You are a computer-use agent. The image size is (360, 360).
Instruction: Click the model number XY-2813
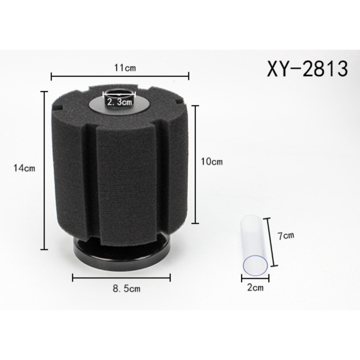[x=307, y=69]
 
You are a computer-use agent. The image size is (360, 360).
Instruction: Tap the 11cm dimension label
[x=125, y=68]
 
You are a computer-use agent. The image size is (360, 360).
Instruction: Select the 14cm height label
[x=24, y=168]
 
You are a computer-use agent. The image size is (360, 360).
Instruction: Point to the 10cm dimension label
[x=212, y=162]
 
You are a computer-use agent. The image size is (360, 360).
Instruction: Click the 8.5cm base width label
[x=126, y=288]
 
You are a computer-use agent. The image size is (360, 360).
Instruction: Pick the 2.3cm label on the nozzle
[x=119, y=102]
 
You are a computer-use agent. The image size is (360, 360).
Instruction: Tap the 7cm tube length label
[x=285, y=236]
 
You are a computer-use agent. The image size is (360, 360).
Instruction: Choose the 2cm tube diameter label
[x=255, y=287]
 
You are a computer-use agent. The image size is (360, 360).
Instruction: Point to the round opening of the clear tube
[x=255, y=265]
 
